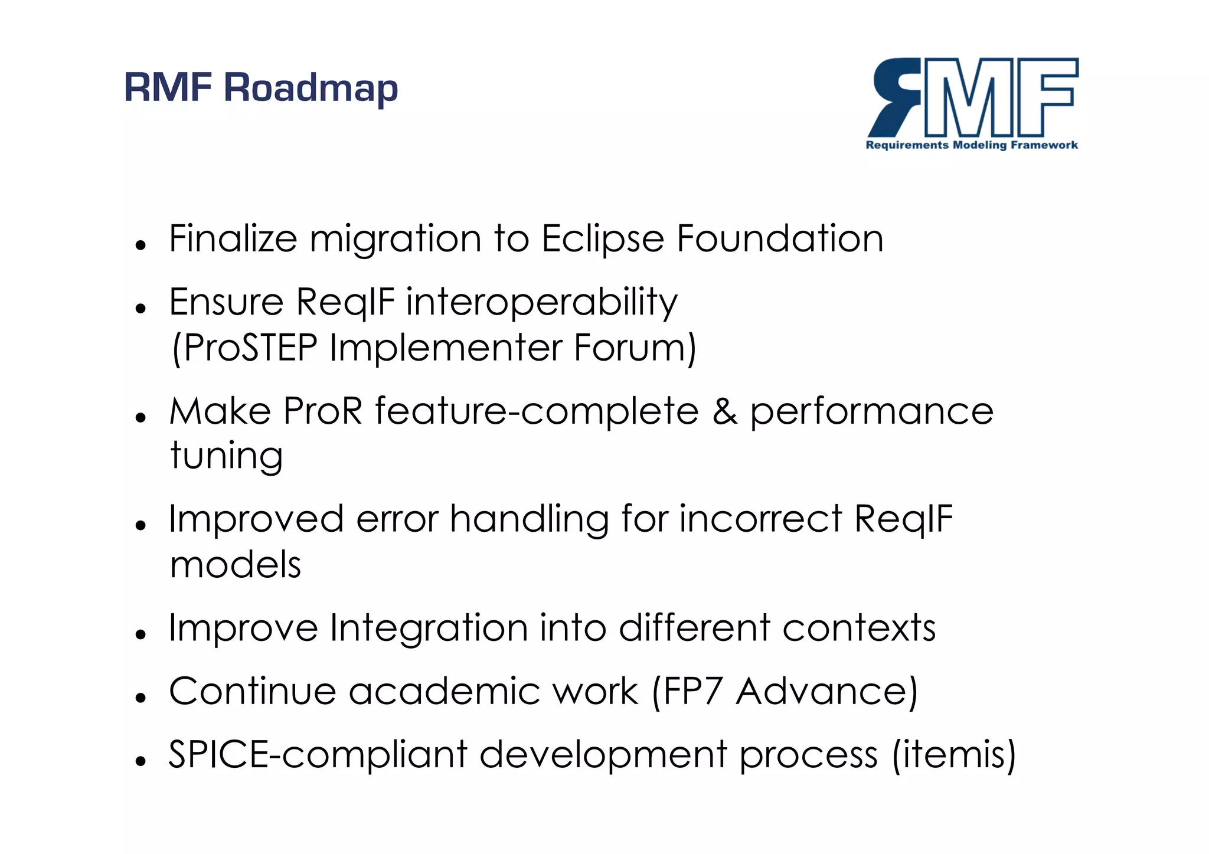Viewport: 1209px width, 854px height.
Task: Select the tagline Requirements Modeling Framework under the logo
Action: (x=972, y=145)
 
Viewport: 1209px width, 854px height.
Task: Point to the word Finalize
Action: (x=233, y=239)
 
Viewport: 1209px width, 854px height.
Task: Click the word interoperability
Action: (x=541, y=302)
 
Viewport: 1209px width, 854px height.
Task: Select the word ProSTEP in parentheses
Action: (x=250, y=348)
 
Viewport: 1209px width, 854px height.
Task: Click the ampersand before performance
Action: (x=724, y=411)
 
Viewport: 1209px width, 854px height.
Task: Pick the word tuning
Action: (x=227, y=456)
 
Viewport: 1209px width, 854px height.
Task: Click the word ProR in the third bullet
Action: (x=322, y=411)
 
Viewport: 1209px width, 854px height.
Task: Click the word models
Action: (x=235, y=565)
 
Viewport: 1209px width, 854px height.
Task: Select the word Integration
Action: (x=429, y=628)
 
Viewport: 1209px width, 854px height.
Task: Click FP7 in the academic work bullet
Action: (x=692, y=691)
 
